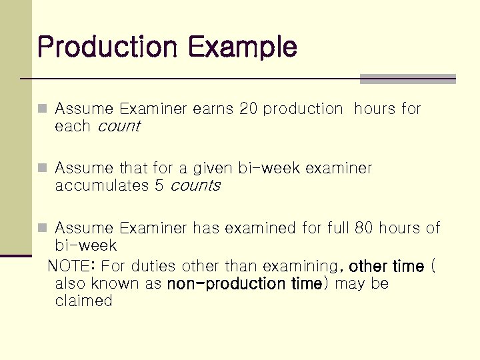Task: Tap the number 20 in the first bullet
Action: coord(248,109)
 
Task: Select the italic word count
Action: coord(119,127)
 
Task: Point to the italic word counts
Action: coord(195,186)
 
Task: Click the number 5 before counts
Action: coord(159,186)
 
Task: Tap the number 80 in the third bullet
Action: coord(364,228)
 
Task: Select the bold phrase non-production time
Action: coord(245,284)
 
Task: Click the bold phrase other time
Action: coord(387,266)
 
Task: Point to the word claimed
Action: coord(84,301)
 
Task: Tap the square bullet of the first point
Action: coord(43,109)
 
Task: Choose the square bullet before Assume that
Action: coord(43,168)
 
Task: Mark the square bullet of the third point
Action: coord(43,228)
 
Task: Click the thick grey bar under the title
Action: coord(407,79)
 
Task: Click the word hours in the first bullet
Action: coord(375,109)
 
